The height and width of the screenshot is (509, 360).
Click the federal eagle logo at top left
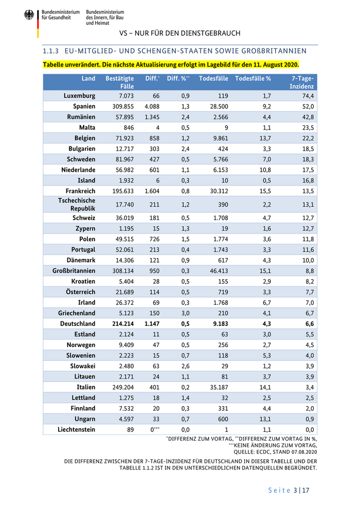click(x=28, y=15)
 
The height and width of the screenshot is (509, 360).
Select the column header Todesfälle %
click(x=253, y=79)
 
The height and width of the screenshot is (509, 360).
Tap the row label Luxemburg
click(x=79, y=96)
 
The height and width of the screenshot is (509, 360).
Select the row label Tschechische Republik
click(x=78, y=204)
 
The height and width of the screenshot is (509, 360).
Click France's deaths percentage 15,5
click(x=263, y=191)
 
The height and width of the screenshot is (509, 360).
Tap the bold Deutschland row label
click(x=78, y=324)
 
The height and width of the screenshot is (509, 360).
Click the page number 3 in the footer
click(x=295, y=490)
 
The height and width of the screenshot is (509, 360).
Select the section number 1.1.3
click(x=52, y=51)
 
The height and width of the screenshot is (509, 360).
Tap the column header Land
click(x=88, y=79)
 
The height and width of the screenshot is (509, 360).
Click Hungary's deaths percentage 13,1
click(x=263, y=419)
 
